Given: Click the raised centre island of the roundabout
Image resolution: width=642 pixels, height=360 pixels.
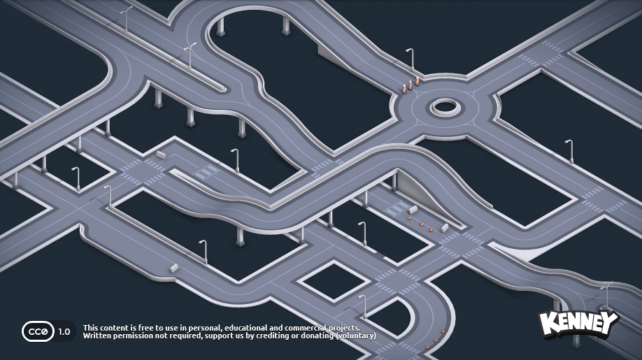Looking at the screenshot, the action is [x=445, y=107].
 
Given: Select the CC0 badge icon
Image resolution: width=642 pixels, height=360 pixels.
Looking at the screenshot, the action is [x=38, y=331].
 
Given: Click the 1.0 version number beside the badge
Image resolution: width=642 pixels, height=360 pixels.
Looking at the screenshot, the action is [x=64, y=332].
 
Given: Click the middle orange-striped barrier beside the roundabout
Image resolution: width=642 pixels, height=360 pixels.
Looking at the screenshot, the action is [x=411, y=85].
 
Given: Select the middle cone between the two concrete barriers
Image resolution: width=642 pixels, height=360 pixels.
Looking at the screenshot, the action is [x=422, y=224].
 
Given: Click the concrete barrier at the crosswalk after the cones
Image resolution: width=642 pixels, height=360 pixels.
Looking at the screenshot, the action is [x=445, y=227].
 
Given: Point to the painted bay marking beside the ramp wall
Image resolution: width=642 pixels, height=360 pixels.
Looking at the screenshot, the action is [x=396, y=209].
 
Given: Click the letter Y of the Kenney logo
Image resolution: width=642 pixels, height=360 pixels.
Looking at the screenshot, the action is [x=609, y=322].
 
